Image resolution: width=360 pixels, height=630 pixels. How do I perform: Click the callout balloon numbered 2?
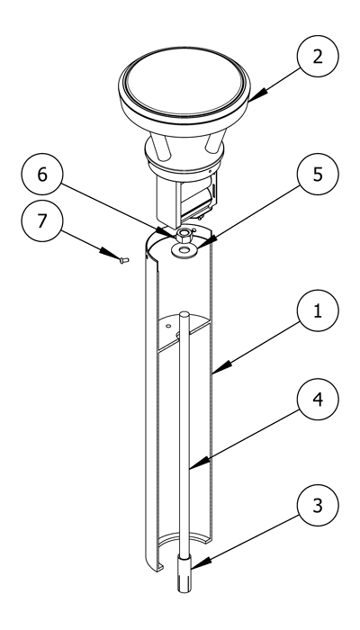[x=318, y=56]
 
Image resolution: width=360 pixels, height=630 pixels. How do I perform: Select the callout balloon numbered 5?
[x=318, y=174]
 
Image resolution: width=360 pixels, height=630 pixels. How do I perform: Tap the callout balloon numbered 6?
[x=42, y=174]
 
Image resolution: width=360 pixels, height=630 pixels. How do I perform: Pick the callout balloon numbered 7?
[x=42, y=221]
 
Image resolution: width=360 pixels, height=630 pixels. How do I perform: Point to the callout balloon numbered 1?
[x=318, y=310]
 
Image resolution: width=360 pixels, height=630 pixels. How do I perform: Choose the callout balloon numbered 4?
[x=318, y=399]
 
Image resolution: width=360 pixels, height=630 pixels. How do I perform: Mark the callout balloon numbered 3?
[x=318, y=506]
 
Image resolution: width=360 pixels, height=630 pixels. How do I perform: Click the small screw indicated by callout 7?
[x=124, y=260]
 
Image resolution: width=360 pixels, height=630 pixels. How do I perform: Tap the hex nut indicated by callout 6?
[x=184, y=234]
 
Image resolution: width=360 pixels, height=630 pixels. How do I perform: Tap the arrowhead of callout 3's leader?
[x=198, y=564]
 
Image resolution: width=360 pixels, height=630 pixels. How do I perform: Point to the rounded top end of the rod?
[x=184, y=314]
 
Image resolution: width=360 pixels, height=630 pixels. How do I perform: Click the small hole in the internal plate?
[x=168, y=326]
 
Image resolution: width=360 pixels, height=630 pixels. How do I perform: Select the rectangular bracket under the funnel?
[x=187, y=198]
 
